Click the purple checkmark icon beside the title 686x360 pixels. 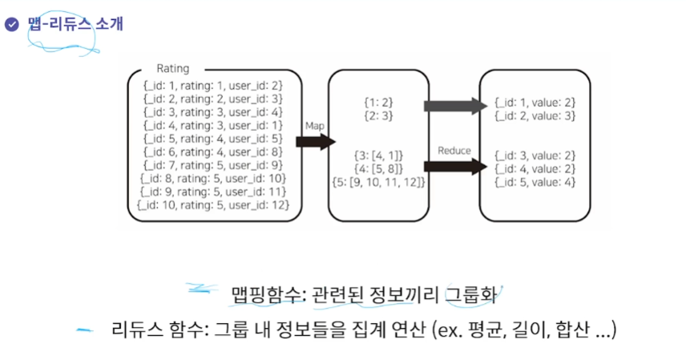(11, 24)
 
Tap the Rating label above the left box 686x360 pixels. (172, 69)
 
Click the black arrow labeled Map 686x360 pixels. (313, 142)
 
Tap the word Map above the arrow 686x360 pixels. (313, 126)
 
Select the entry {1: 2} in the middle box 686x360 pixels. (376, 103)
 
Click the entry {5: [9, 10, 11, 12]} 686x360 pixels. (376, 182)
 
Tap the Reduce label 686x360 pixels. (454, 151)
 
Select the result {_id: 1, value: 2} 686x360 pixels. (535, 103)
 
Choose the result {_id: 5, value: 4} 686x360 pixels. (535, 182)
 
